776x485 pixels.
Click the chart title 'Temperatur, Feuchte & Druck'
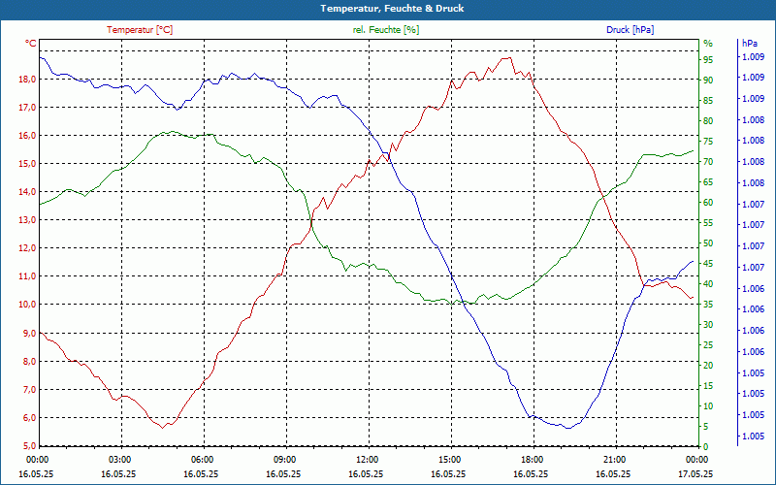[388, 8]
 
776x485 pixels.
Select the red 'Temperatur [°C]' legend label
[140, 30]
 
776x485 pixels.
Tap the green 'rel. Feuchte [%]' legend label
[386, 30]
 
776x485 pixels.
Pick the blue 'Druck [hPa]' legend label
[630, 30]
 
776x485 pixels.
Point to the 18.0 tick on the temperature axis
[26, 79]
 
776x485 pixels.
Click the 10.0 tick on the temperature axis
[26, 305]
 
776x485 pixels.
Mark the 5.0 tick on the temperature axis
[28, 446]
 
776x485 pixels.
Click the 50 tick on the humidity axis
[708, 243]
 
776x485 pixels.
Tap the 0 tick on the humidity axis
[706, 446]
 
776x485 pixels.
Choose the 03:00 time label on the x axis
[119, 459]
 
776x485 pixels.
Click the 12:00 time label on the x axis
[367, 459]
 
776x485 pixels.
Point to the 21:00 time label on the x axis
[614, 459]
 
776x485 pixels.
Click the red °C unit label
[31, 44]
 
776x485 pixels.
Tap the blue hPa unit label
[750, 44]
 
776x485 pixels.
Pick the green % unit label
[708, 44]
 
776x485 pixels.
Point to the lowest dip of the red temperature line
[166, 427]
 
